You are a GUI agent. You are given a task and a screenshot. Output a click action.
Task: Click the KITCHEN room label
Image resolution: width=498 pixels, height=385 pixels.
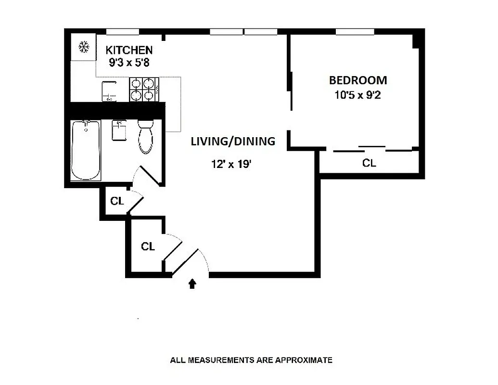pyautogui.click(x=129, y=50)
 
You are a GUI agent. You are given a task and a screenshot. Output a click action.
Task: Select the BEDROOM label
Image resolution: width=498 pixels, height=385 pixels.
pyautogui.click(x=358, y=80)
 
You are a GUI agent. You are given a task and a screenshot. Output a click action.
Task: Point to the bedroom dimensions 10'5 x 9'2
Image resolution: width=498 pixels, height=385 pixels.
pyautogui.click(x=358, y=95)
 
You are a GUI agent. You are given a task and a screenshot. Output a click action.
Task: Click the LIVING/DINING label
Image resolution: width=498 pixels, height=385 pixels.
pyautogui.click(x=233, y=141)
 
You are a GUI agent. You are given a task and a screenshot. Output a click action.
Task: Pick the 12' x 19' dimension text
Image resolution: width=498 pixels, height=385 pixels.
pyautogui.click(x=231, y=164)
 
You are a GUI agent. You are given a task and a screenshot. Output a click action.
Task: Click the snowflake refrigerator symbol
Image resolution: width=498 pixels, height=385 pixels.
pyautogui.click(x=84, y=47)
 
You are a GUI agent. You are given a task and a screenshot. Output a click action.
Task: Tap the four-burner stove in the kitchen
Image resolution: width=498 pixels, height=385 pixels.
pyautogui.click(x=144, y=90)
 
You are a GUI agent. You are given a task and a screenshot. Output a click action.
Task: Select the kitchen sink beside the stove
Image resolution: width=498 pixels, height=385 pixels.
pyautogui.click(x=110, y=91)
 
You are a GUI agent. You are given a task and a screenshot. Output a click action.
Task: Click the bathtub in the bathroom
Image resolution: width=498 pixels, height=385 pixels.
pyautogui.click(x=86, y=150)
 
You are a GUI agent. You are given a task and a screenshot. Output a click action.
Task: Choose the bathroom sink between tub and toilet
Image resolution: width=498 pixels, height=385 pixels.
pyautogui.click(x=119, y=130)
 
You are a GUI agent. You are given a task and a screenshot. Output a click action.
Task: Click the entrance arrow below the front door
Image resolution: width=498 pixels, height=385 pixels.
pyautogui.click(x=192, y=283)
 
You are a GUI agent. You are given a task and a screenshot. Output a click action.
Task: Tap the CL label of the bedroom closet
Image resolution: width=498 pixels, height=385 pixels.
pyautogui.click(x=369, y=164)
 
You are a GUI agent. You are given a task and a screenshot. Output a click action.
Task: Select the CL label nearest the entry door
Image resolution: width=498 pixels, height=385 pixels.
pyautogui.click(x=148, y=247)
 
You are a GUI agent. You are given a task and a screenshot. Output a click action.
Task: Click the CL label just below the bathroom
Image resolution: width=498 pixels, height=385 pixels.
pyautogui.click(x=117, y=201)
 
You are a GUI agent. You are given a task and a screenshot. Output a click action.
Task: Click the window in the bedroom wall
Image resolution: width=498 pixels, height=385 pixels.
pyautogui.click(x=355, y=32)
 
